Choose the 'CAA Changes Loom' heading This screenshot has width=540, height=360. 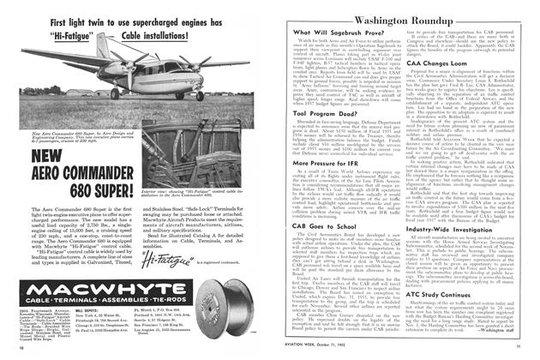(443, 63)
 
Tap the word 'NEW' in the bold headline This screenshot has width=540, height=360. (29, 132)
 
